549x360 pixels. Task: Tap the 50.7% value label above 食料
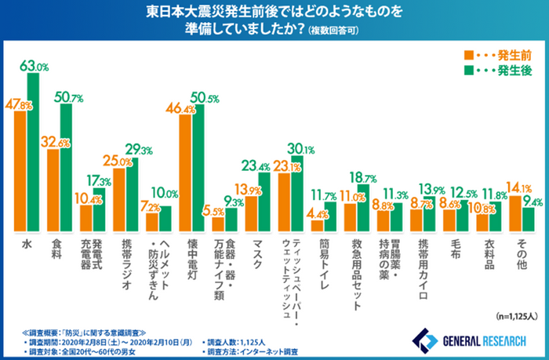click(x=67, y=97)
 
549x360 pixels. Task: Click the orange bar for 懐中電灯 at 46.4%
click(x=185, y=172)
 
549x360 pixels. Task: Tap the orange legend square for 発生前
click(x=468, y=55)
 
